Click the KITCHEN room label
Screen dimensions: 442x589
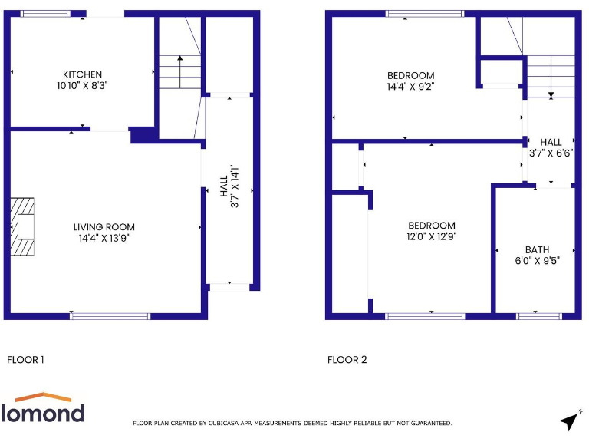(x=82, y=74)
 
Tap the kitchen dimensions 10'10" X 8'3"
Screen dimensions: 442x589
(x=82, y=85)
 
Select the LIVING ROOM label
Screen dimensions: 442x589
(x=104, y=227)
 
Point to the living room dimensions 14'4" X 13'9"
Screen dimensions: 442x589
(x=104, y=239)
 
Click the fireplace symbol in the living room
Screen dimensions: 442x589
(x=22, y=227)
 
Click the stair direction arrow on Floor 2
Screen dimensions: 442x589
(x=551, y=86)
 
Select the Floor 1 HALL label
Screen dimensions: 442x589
(x=224, y=186)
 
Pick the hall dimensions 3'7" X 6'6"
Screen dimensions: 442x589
(x=551, y=153)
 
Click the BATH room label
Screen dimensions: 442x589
(x=537, y=249)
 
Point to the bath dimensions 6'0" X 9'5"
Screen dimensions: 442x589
(x=537, y=260)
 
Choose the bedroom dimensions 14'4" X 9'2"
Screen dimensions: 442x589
(x=410, y=87)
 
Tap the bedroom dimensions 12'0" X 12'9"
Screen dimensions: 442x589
(x=431, y=236)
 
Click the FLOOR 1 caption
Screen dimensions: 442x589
(x=25, y=359)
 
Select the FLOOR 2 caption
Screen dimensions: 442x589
(x=347, y=359)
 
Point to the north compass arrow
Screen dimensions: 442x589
(x=569, y=420)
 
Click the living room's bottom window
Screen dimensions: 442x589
(x=110, y=315)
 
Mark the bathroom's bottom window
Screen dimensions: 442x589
(x=538, y=315)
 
